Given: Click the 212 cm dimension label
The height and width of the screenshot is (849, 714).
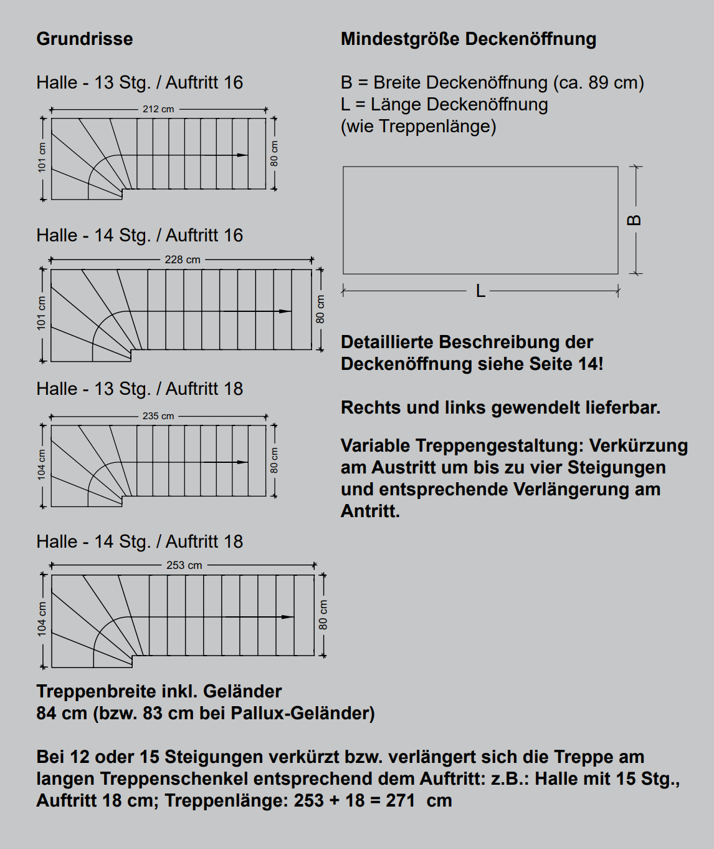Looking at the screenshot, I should point(158,109).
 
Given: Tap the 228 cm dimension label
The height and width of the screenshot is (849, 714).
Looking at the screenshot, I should point(183,260).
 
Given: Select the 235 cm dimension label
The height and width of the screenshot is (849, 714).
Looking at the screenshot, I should point(158,416).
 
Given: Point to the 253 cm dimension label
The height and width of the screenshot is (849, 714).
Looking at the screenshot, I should point(184,565).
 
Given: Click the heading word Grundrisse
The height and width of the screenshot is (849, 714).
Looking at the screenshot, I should point(85,39).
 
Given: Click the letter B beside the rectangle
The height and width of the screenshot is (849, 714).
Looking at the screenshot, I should point(634,220).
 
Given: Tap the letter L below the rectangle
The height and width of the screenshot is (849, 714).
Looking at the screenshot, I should point(480,291).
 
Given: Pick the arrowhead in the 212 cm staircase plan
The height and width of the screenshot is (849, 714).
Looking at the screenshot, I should point(243,155).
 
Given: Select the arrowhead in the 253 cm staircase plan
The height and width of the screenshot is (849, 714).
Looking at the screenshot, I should point(288,617).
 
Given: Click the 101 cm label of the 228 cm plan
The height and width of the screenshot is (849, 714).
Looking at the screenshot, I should point(41,313).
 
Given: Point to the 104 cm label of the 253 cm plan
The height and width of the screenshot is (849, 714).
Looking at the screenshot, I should point(42,619).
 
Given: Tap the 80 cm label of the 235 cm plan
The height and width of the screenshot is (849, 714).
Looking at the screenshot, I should point(274,460).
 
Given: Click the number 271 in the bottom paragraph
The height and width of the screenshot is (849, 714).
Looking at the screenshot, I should point(400,800).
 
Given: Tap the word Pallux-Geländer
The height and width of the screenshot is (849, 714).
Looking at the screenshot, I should point(302,713).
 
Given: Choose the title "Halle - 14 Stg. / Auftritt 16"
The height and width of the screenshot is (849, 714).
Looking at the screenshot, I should point(140,235).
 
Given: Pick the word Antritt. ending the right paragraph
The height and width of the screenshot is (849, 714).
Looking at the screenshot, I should point(370,511).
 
